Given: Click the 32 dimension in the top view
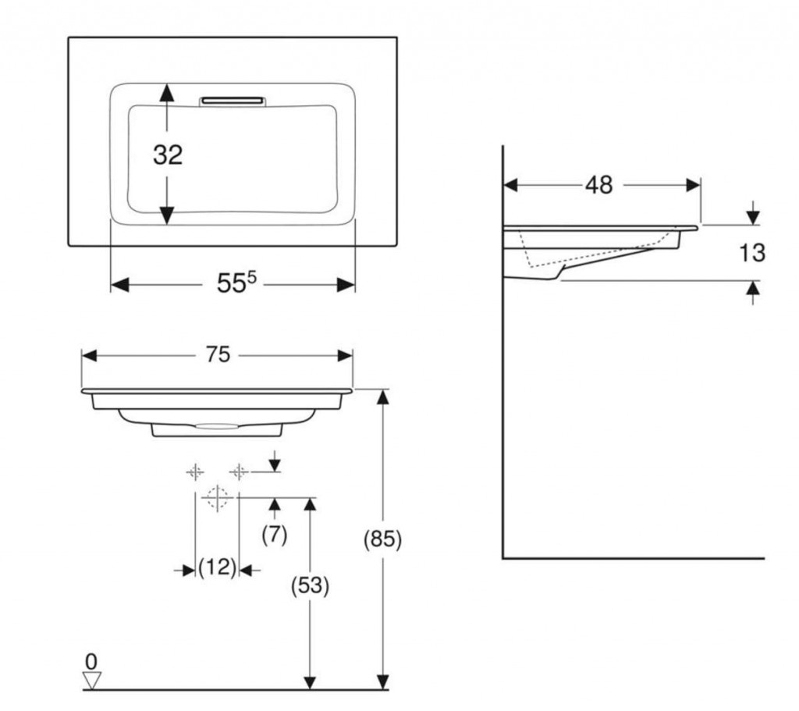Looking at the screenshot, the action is coord(168,155).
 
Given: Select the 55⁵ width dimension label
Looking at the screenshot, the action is coord(237,282).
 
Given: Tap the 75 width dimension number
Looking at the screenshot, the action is coord(218,354).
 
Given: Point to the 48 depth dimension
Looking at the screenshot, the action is coord(598,185).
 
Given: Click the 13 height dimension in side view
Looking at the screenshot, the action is coord(751,253).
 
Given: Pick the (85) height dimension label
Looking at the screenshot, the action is coord(382,539).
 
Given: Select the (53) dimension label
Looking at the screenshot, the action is coord(310,586).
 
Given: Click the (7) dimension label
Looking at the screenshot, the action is coord(275,535).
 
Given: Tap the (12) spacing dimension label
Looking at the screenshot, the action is coord(218,567).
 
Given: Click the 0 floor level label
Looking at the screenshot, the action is coord(91,662).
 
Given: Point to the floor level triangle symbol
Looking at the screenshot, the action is coord(92,681).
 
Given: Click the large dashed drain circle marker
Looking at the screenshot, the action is coord(218,497).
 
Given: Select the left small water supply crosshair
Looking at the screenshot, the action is coord(195,472).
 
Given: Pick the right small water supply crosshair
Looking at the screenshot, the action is coord(239,472).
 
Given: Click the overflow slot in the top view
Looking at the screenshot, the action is coord(233,101).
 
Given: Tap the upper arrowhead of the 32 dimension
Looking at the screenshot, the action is coord(167,92).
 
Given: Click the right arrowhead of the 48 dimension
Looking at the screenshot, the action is coord(693,185).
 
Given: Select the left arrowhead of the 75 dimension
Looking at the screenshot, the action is coord(89,355).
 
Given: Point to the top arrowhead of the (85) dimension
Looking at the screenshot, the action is coord(382,397).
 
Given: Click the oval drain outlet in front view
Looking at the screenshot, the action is coord(217,426).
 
